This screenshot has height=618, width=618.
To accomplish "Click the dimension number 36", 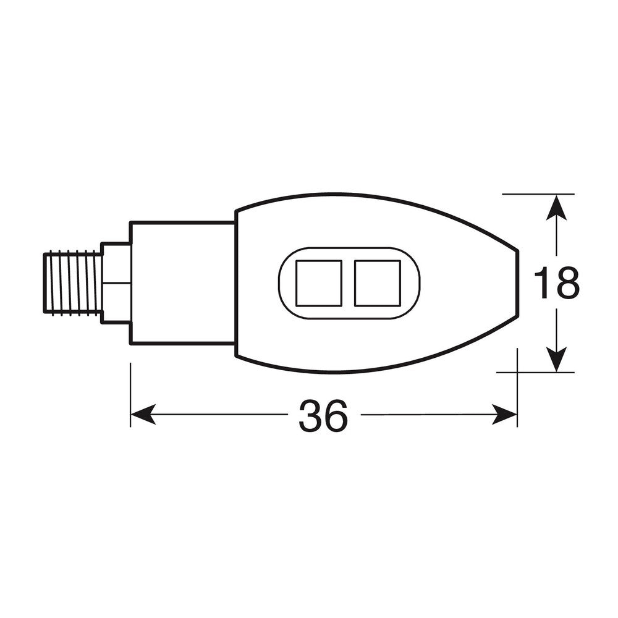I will (x=323, y=415).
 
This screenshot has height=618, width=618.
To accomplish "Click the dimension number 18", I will (x=556, y=284).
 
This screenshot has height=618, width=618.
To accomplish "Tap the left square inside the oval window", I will (x=319, y=283).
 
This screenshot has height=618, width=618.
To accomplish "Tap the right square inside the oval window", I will (x=376, y=283).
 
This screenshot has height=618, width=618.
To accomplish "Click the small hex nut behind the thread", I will (x=116, y=282).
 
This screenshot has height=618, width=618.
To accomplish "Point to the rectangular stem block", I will (x=182, y=282).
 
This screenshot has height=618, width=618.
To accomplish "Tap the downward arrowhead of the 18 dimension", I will (x=557, y=361).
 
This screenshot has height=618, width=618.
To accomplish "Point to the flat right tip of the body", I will (x=517, y=284).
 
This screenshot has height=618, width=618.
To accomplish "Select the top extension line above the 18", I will (x=538, y=194).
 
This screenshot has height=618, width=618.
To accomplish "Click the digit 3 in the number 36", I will (x=310, y=415).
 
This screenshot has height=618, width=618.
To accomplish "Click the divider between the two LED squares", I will (x=348, y=283).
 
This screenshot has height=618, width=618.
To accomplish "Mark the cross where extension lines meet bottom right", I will (x=517, y=372).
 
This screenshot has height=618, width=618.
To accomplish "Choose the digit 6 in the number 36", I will (x=336, y=415).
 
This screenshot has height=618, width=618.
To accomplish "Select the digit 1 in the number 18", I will (x=543, y=284).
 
